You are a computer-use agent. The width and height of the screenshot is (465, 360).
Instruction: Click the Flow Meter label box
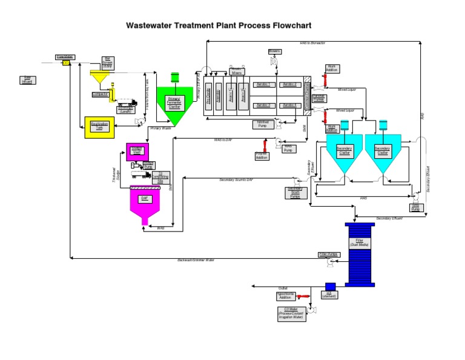(65, 56)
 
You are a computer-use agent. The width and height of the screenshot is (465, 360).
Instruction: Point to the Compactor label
(100, 94)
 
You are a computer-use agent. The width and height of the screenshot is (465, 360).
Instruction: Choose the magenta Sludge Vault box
(137, 152)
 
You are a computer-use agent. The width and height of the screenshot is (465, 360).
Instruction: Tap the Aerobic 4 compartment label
(290, 105)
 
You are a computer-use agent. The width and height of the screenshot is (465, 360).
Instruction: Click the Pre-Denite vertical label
(209, 96)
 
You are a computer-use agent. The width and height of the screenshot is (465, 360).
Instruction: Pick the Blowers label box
(274, 52)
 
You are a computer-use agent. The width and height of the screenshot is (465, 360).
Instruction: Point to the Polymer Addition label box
(262, 156)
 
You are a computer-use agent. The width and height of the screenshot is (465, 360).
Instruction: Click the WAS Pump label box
(289, 148)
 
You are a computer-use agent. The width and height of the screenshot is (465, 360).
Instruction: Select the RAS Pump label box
(415, 207)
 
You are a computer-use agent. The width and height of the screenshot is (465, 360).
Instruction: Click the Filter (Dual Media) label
(360, 243)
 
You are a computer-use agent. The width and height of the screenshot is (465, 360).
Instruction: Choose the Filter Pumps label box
(328, 255)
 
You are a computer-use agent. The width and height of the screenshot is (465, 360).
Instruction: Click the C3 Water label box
(291, 313)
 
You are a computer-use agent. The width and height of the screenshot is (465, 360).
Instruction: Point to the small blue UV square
(330, 286)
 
